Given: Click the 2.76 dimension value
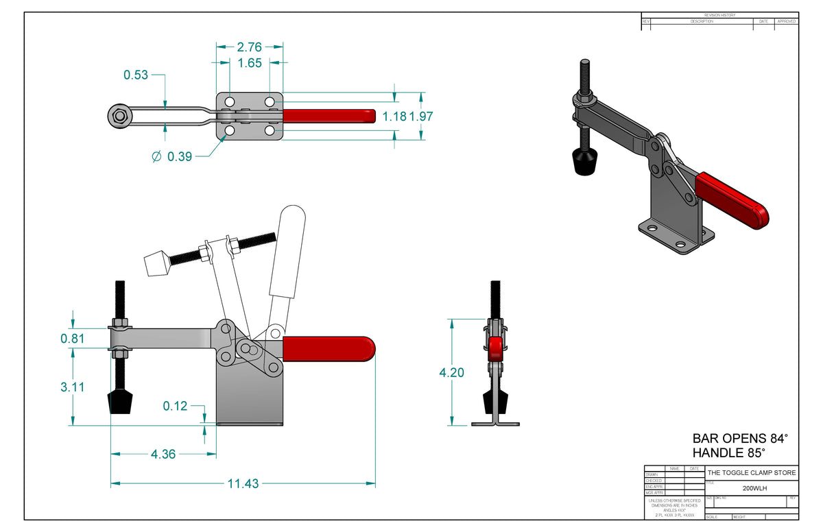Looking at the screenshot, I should [250, 47].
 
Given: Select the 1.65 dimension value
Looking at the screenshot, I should [250, 64].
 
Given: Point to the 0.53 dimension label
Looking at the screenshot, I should [136, 75].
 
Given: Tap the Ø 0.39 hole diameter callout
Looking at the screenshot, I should [171, 157].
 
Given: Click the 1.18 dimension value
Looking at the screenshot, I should [395, 117].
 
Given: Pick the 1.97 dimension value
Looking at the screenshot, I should [422, 117].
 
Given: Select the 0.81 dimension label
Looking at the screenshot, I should [73, 338].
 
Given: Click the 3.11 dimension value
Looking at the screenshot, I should [73, 387].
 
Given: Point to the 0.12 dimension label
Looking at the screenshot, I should [175, 406].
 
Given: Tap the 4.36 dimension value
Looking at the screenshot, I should [163, 453].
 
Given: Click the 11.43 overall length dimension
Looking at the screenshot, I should [243, 483].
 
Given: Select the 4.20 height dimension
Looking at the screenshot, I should [451, 373].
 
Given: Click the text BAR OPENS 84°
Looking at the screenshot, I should [740, 438].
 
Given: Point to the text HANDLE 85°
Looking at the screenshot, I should [728, 453].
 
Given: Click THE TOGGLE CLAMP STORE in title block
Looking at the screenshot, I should [752, 473].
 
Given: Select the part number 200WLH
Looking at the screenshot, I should [752, 489].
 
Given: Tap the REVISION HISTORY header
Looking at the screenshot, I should [719, 15].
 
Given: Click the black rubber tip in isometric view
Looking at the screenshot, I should [584, 162].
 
